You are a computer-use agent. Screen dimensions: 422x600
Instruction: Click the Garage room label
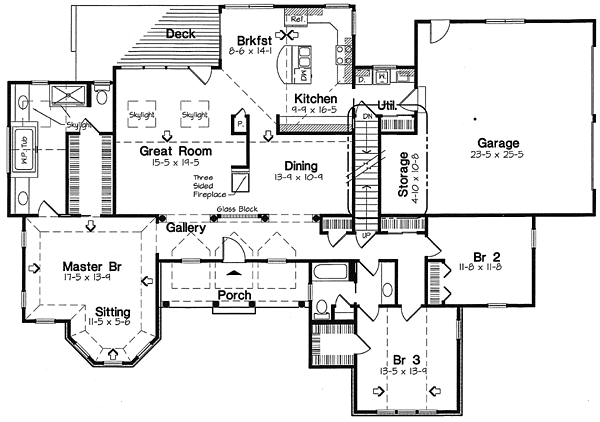coord(498,143)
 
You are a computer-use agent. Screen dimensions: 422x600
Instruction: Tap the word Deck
coord(180,33)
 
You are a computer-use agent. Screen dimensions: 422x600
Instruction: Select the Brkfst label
coord(242,31)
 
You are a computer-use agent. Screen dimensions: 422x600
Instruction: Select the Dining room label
coord(299,166)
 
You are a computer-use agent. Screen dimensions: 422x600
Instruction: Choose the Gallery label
coord(187,228)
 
